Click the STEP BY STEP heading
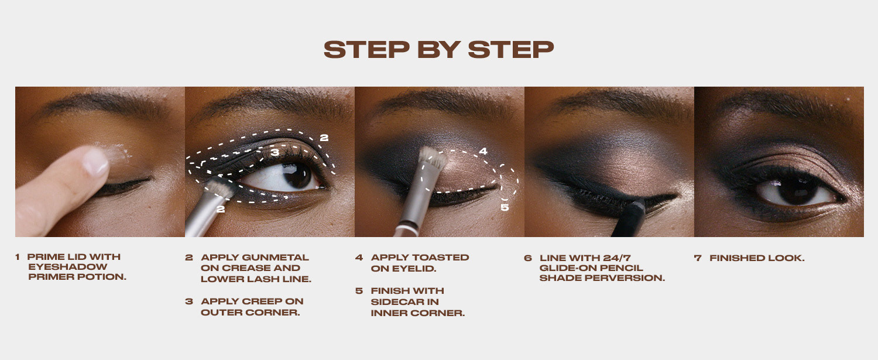click(x=438, y=50)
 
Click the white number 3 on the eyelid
click(x=275, y=152)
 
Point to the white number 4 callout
click(x=483, y=151)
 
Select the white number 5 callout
click(x=505, y=207)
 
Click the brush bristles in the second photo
click(x=220, y=188)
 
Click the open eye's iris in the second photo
click(x=298, y=175)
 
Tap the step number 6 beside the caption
click(x=527, y=258)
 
